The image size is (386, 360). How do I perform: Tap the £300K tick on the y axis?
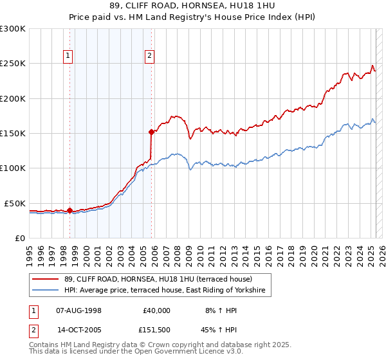(x=13, y=29)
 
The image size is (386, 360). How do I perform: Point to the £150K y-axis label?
(x=13, y=134)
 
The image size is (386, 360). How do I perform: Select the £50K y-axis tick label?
(x=15, y=203)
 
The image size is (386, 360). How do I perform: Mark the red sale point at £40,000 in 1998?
(x=69, y=210)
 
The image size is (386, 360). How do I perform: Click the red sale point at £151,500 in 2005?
(x=151, y=132)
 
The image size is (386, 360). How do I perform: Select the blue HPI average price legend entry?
(x=165, y=291)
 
